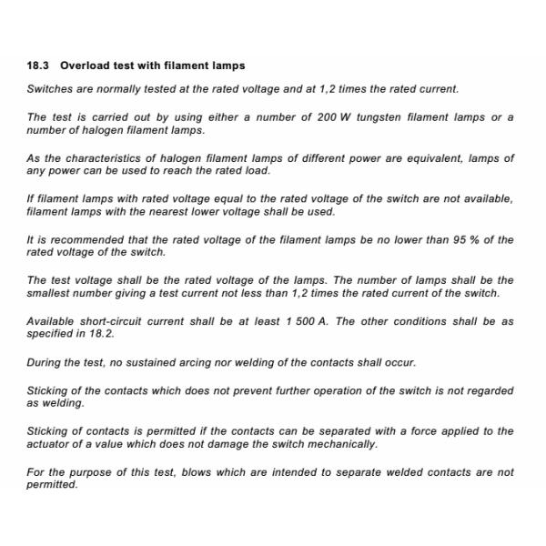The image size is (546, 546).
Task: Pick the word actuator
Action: click(51, 443)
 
